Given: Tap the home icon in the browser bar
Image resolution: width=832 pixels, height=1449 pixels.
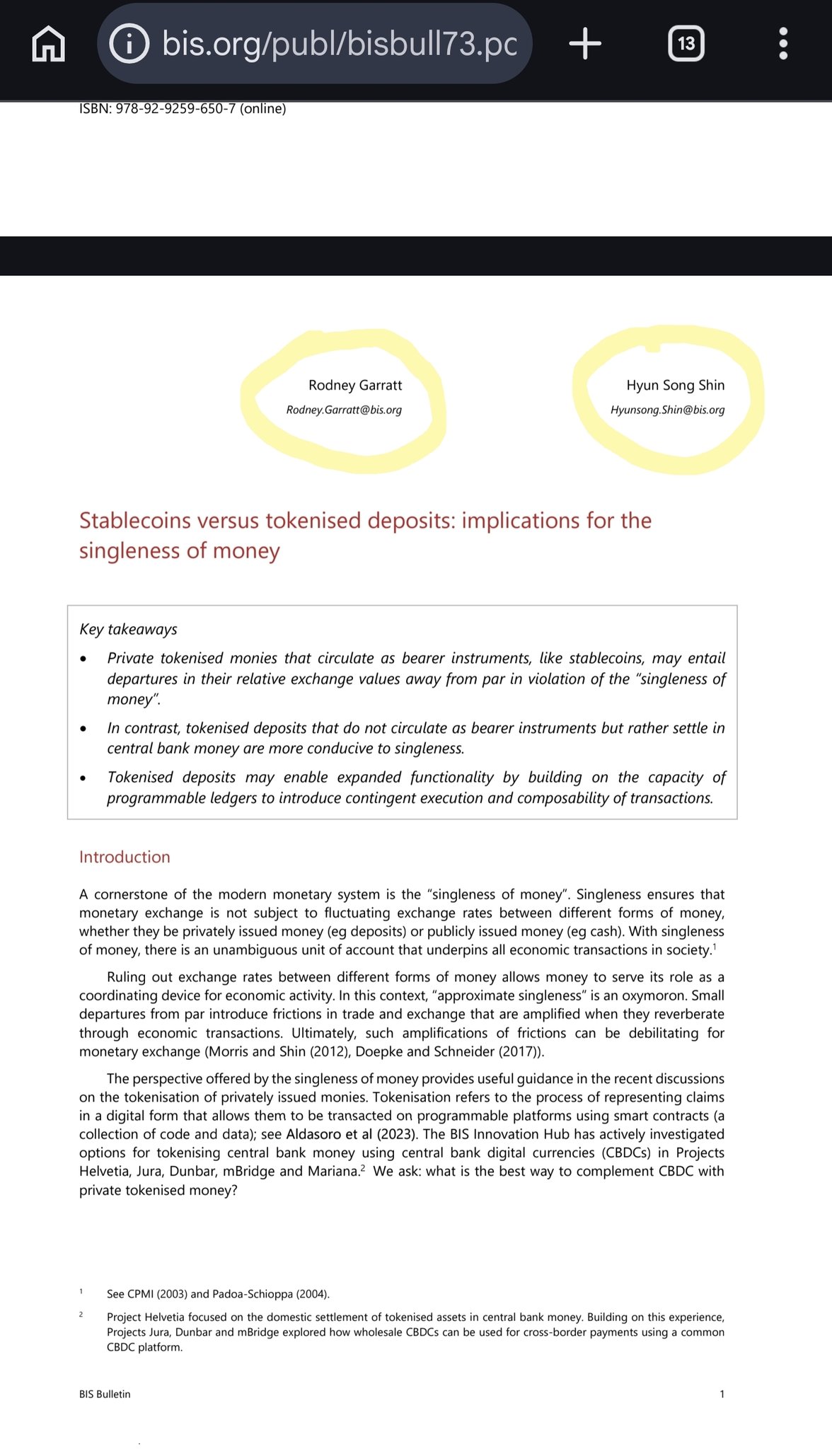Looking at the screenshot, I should click(49, 44).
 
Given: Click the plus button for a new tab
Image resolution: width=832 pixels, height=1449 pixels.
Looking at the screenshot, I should click(585, 44).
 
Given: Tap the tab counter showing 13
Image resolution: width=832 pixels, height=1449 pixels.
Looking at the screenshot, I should click(686, 44).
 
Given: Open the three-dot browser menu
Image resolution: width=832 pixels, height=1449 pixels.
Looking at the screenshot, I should click(782, 44).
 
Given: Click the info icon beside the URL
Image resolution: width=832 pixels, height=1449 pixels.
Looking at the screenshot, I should click(129, 44).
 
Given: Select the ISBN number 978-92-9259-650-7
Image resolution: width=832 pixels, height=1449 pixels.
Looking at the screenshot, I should click(175, 109).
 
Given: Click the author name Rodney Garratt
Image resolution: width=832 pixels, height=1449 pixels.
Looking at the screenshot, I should click(355, 386).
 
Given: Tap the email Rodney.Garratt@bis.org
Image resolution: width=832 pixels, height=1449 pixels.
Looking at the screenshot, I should click(344, 410).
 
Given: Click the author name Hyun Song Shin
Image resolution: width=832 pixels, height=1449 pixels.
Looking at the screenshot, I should click(675, 386).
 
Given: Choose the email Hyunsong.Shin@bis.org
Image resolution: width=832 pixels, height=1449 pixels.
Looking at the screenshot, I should click(667, 410).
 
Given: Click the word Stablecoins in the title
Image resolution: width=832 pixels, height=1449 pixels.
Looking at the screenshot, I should click(135, 521).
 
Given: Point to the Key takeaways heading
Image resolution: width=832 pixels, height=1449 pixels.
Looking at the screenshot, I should click(128, 630).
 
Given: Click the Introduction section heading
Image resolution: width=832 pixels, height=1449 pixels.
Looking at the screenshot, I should click(125, 858).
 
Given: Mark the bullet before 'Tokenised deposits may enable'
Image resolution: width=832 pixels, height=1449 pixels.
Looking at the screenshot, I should click(83, 778).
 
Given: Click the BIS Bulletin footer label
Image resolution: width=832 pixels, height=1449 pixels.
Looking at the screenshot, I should click(105, 1395).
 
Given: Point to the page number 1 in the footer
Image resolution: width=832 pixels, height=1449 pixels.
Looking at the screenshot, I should click(722, 1395).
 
